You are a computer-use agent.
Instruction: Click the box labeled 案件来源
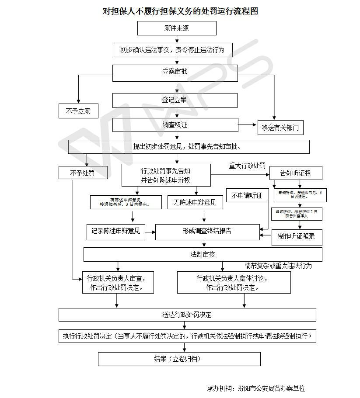coord(177,28)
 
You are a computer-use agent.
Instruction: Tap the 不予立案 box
coord(78,111)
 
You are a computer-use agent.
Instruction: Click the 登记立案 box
coord(175,100)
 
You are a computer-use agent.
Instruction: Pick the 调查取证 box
coord(175,125)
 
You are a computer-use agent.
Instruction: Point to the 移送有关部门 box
coord(280,128)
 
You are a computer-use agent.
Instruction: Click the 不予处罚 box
coord(83,173)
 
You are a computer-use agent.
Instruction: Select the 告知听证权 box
coord(296,173)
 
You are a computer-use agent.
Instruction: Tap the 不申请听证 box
coord(247,196)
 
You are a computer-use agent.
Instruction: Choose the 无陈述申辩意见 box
coord(195,202)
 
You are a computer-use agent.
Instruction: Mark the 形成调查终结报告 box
coord(207,232)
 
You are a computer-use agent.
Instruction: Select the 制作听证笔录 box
coord(297,237)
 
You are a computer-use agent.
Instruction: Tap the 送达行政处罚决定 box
coord(187,315)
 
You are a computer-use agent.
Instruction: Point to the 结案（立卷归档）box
coord(179,359)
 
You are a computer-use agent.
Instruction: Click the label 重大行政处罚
coord(247,166)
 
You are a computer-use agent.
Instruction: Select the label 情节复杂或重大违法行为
coord(278,266)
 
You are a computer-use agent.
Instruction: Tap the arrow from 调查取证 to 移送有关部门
coord(248,125)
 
